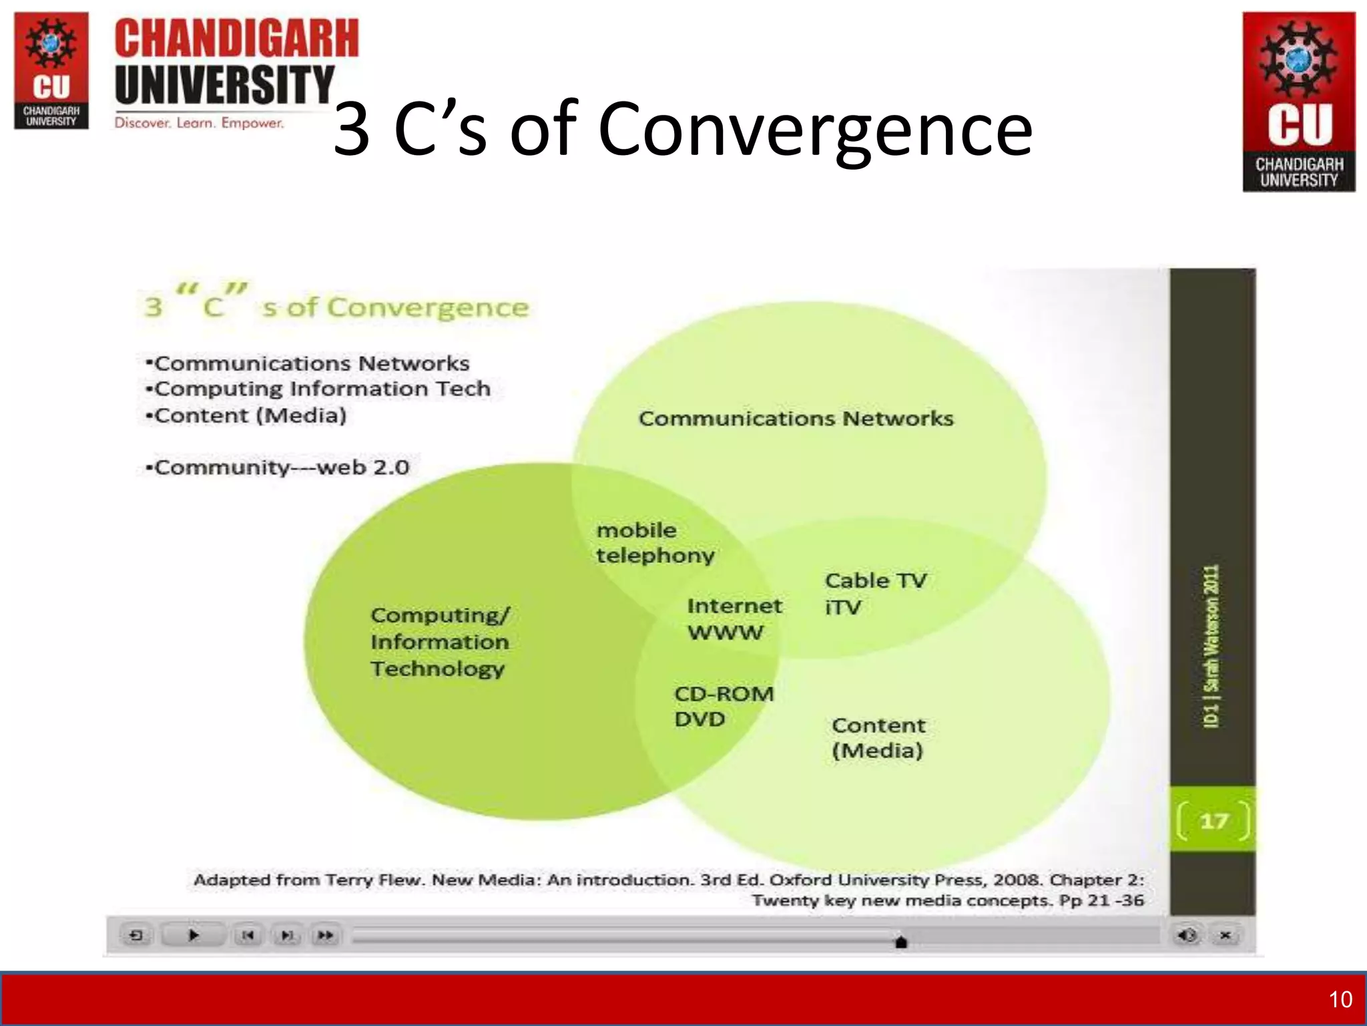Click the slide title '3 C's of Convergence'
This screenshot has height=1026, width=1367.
(682, 128)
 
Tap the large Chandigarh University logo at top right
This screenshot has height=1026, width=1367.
(1298, 102)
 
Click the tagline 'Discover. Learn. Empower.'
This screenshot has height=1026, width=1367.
(199, 123)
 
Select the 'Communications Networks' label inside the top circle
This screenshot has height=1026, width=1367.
(796, 419)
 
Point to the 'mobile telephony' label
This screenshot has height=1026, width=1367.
(655, 542)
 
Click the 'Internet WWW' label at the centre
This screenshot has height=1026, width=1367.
(734, 619)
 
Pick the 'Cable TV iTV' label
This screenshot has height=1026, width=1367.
(875, 593)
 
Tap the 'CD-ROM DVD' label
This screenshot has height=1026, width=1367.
(724, 706)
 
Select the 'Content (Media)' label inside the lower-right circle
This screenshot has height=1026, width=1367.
(878, 737)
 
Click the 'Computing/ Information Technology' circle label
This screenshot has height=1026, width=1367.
(439, 641)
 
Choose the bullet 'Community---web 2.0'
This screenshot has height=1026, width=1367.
(277, 467)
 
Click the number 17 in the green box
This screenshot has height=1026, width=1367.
(1213, 820)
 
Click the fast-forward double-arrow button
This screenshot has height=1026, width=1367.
(325, 935)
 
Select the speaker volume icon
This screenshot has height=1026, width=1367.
(1187, 935)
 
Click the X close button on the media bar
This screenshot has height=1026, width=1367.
(1225, 935)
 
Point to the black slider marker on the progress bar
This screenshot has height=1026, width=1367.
(900, 942)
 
